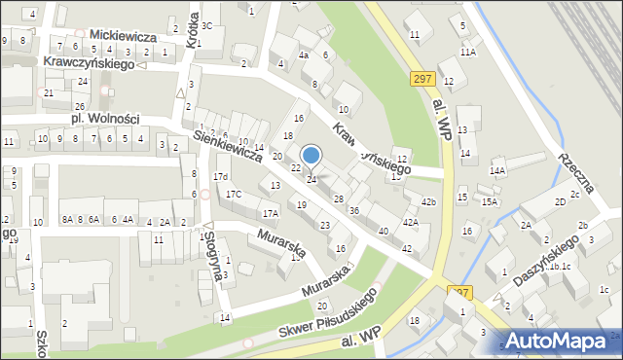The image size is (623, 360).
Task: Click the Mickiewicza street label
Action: pos(122,33)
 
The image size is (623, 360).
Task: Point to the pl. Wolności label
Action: pos(105,119)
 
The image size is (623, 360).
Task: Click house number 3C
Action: pos(206,24)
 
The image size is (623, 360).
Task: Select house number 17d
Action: pos(222,176)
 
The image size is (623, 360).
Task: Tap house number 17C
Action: pos(234,194)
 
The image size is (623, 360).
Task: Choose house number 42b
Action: pos(428,201)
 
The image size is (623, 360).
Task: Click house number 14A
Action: pos(497,170)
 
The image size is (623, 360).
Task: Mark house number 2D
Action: pos(560,201)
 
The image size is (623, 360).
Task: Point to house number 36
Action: pos(354,210)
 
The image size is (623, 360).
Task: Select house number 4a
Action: pos(304,55)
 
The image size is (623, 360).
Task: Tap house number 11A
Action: pos(468,52)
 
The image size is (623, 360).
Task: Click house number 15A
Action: pos(489,201)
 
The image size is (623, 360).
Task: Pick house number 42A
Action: pos(411,222)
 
